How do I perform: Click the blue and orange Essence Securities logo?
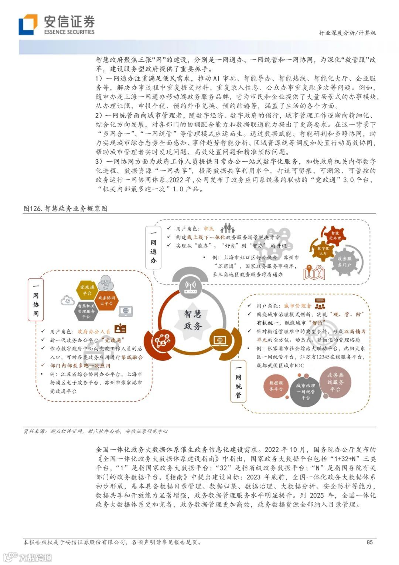[x=28, y=24]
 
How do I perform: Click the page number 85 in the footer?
[x=369, y=542]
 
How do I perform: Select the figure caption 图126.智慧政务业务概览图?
[x=65, y=209]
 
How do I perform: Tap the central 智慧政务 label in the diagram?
[x=193, y=320]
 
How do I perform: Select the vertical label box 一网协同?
[x=36, y=300]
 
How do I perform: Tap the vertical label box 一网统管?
[x=238, y=381]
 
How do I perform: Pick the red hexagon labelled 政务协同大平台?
[x=106, y=300]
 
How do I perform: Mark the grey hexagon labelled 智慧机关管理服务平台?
[x=86, y=311]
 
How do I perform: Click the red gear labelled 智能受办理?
[x=335, y=235]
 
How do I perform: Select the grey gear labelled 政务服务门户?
[x=344, y=262]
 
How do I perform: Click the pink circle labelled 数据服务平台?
[x=276, y=386]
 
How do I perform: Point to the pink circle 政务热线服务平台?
[x=335, y=382]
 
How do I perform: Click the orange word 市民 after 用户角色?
[x=209, y=229]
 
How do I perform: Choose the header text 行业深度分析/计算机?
[x=347, y=33]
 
